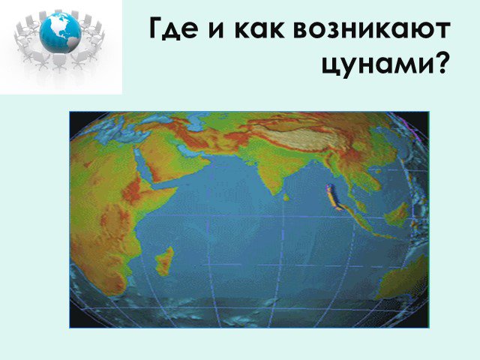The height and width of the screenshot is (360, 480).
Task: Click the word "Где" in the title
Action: click(173, 28)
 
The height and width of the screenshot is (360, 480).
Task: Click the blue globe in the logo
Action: click(61, 31)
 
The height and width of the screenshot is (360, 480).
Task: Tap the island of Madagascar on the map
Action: click(165, 261)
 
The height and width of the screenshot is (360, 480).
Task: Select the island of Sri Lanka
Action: click(286, 198)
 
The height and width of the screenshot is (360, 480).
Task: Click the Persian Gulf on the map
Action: click(187, 151)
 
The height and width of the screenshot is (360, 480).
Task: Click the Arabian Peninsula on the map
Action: click(168, 162)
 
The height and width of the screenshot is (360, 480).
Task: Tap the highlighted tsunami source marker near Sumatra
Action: click(333, 197)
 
